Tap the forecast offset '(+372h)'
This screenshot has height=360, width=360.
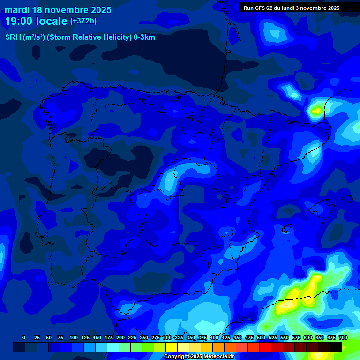83,21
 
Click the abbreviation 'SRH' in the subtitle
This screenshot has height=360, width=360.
13,37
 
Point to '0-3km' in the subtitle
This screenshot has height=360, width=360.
144,37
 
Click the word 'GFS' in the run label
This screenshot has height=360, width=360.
262,8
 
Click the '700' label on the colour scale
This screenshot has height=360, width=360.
343,337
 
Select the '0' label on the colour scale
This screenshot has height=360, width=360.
24,337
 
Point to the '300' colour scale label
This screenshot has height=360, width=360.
167,337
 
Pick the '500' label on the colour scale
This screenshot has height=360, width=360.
261,337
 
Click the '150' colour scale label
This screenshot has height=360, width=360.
97,337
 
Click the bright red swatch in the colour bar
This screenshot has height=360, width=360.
265,347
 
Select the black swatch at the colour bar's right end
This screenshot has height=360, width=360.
335,347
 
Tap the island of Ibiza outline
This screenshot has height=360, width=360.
287,229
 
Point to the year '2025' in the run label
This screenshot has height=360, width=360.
333,8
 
